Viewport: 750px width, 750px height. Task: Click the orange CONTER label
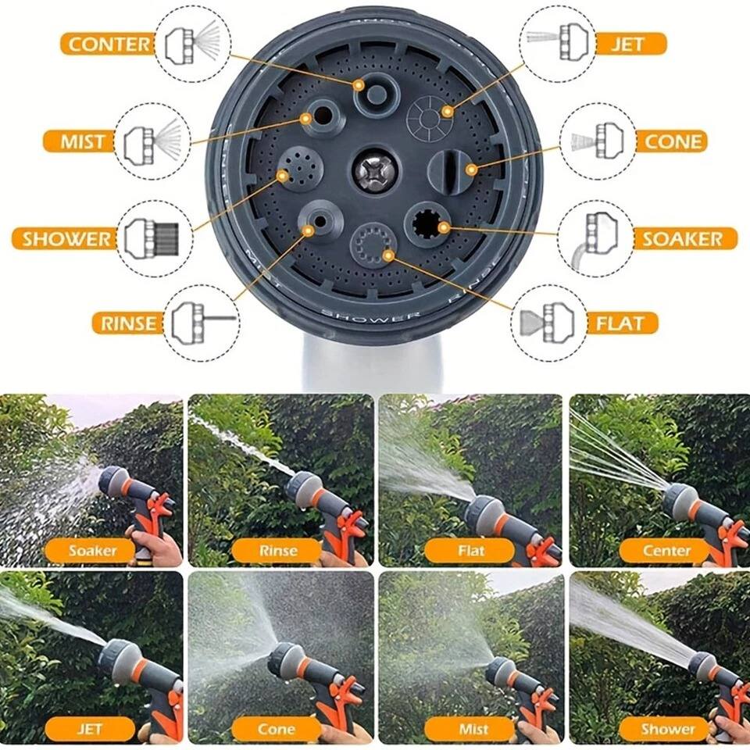coord(106,44)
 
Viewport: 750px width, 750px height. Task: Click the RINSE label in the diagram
coord(128,322)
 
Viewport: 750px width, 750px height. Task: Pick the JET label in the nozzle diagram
coord(630,43)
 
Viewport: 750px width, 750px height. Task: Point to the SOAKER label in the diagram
coord(684,238)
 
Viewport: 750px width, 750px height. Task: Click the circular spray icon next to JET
coord(557,44)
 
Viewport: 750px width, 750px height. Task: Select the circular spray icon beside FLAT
coord(549,323)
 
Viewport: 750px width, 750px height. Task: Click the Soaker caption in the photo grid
coord(92,551)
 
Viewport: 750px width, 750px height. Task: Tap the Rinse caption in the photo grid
coord(278,551)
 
